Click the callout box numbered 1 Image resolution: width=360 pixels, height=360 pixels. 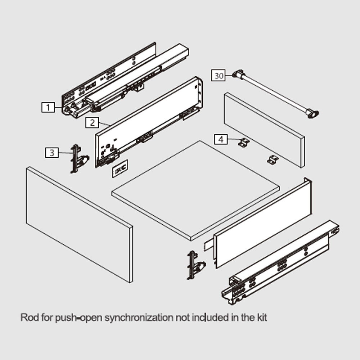(48, 107)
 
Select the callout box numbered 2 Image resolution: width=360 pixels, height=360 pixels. (92, 123)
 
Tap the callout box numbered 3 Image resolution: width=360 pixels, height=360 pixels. (52, 153)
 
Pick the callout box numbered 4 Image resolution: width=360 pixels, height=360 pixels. (221, 139)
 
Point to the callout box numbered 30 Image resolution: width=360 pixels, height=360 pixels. (219, 76)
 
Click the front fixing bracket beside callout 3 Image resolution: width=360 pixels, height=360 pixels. (79, 158)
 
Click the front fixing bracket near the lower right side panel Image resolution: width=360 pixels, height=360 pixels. (196, 265)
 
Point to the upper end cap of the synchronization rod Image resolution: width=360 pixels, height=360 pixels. (239, 75)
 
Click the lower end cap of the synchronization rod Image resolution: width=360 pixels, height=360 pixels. (312, 113)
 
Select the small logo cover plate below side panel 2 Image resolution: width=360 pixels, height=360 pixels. (120, 169)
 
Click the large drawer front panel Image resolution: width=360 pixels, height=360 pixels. (80, 225)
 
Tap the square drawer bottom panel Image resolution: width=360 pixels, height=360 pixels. (195, 190)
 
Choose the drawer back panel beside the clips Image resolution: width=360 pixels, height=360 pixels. (264, 130)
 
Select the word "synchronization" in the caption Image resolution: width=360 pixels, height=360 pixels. (139, 318)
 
